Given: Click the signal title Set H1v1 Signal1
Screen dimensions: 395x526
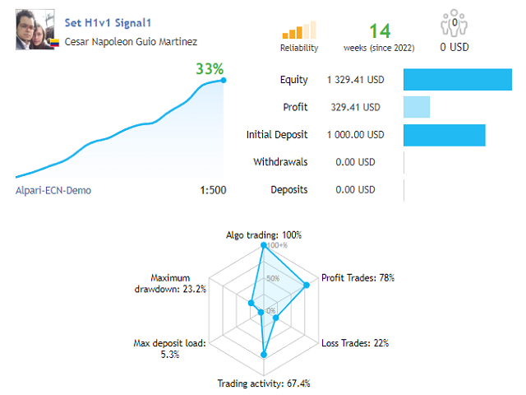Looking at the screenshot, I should click(108, 24).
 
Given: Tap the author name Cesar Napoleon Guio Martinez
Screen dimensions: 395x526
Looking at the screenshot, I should click(130, 41).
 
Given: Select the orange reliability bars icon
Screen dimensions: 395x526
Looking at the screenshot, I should click(299, 30).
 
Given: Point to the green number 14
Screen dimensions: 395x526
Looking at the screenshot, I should click(379, 31).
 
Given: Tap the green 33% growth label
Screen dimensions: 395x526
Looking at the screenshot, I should click(210, 68).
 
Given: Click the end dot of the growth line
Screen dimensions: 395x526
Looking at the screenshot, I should click(224, 80).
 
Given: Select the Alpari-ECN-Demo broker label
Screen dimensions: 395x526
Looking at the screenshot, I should click(53, 190).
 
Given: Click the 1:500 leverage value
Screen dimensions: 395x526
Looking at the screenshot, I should click(213, 190).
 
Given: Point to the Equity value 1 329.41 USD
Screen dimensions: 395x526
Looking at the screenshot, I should click(356, 80).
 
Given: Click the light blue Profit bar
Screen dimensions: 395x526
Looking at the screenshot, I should click(417, 107).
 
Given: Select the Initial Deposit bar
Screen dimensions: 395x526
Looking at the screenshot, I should click(445, 135).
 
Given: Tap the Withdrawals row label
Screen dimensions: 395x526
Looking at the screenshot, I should click(280, 162).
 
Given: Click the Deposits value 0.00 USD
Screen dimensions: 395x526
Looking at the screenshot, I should click(355, 190).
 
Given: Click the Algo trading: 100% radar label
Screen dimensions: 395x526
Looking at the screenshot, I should click(264, 235).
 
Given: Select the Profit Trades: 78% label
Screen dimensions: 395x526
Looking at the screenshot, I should click(358, 277).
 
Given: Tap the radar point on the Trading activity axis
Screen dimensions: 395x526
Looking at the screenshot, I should click(264, 355).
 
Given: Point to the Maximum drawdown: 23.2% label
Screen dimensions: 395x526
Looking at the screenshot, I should click(170, 283).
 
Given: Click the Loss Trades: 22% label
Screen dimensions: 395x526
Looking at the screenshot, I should click(355, 342).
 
